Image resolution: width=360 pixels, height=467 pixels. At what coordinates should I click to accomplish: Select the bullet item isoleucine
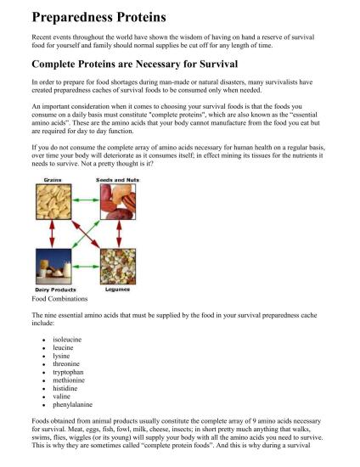pos(69,339)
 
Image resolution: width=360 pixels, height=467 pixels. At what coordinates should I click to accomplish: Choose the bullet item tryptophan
pos(70,372)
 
